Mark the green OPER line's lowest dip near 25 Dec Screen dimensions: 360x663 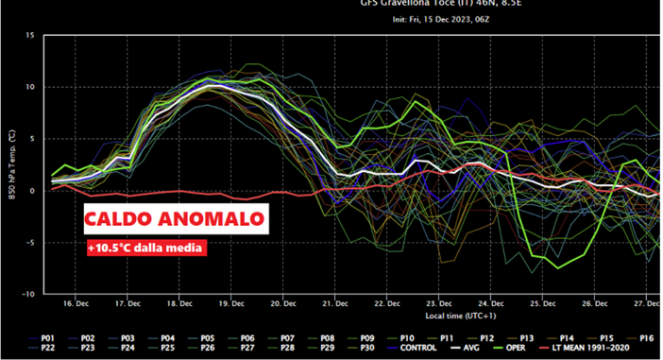[x=558, y=267]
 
